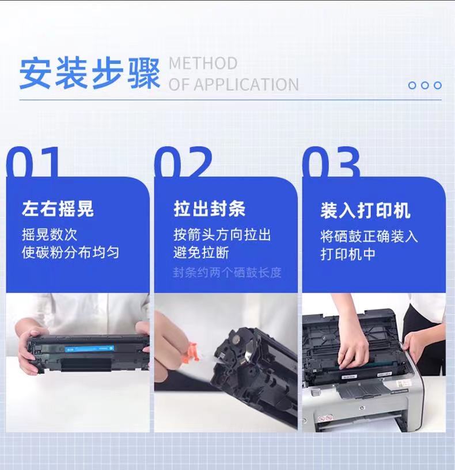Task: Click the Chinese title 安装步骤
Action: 89,74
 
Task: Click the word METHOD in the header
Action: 203,63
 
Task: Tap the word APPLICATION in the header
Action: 246,85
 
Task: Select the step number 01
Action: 32,162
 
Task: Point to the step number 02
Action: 184,162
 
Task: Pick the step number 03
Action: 331,162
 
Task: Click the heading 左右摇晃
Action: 58,209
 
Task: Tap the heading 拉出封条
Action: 210,209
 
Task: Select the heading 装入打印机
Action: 365,211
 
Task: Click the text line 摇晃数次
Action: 50,234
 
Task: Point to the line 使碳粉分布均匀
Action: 70,253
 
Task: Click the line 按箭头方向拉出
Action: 222,234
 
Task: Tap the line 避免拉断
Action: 201,253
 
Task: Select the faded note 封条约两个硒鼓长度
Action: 227,273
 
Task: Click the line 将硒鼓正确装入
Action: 369,236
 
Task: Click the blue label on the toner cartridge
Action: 89,349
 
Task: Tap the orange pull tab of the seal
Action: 191,351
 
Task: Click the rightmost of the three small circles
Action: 438,85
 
